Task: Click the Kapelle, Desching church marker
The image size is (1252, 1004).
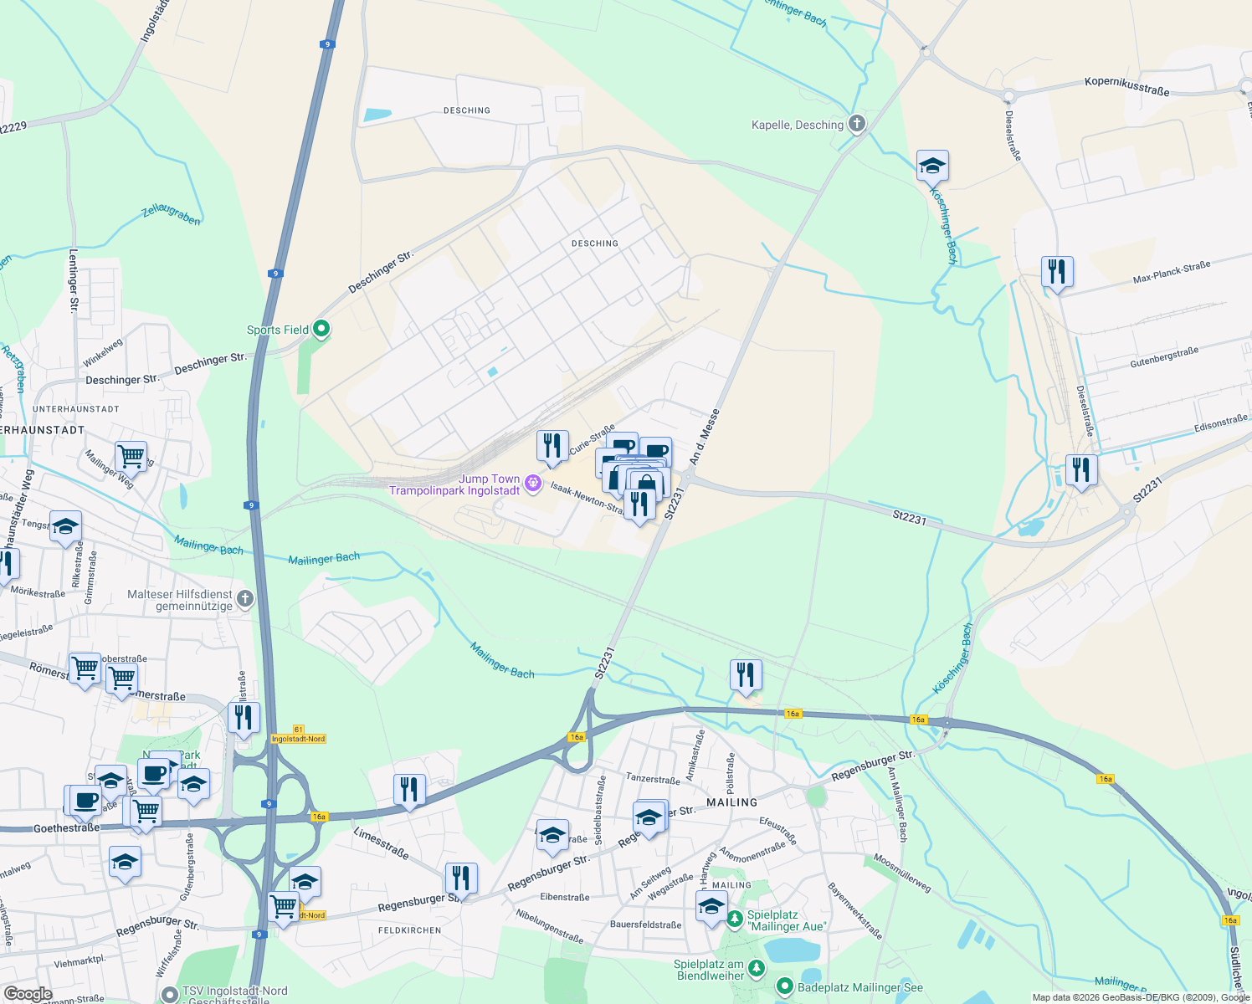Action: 856,125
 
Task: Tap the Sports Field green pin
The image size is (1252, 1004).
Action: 321,330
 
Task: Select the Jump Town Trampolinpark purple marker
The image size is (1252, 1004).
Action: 532,484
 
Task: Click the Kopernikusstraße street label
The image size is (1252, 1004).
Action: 1126,86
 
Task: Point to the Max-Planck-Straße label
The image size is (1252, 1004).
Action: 1172,272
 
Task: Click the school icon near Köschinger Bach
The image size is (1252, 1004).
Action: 932,166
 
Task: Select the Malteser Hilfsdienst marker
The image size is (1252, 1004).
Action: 245,598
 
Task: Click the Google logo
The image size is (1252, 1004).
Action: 28,994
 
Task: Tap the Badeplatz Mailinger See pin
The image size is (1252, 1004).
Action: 784,987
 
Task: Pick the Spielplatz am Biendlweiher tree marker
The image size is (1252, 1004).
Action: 757,969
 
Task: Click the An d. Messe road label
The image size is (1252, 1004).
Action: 705,437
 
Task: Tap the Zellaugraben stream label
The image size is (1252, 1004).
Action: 171,214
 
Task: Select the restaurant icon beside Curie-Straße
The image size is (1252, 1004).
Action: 552,447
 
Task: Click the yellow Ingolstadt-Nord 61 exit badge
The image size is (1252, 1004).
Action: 299,735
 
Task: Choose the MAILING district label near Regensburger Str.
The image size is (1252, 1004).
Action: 731,802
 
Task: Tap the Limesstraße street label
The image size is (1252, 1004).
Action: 381,843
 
